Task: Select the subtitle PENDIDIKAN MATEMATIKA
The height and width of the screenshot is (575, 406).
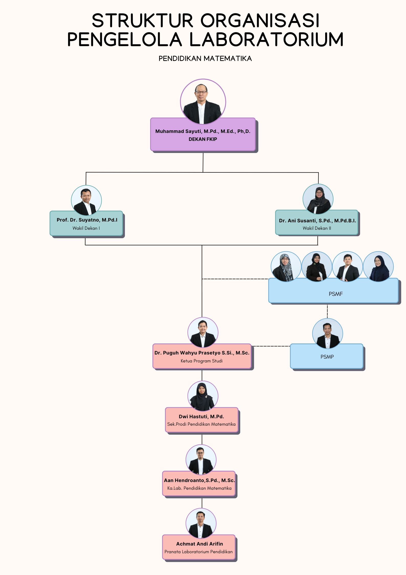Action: coord(205,59)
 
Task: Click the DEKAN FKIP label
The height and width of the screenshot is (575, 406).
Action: coord(203,139)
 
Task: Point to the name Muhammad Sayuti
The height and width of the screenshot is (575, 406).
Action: coord(179,131)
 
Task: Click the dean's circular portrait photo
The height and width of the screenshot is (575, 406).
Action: coord(203,101)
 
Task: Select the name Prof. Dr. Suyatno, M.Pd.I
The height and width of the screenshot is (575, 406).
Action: coord(87,220)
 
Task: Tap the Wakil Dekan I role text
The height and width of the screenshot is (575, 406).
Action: coord(86,228)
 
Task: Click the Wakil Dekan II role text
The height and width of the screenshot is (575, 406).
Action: coord(317,228)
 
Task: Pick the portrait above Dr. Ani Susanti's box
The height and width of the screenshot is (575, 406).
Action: coord(318,199)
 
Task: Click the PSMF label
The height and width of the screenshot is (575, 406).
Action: coord(335,294)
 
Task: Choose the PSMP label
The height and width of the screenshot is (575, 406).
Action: coord(327,357)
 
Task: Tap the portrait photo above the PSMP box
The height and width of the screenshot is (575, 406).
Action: coord(327,333)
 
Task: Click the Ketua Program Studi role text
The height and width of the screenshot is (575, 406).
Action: coord(202,361)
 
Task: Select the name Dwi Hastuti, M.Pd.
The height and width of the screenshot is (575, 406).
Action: coord(201,417)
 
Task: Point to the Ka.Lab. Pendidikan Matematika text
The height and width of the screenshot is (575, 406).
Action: coord(199,488)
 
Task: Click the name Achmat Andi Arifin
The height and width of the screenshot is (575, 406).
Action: coord(199,544)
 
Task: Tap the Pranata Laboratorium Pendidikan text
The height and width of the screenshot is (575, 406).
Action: coord(199,552)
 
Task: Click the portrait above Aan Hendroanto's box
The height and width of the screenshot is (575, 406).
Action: coord(201,460)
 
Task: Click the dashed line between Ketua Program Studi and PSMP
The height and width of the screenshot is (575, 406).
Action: coord(271,346)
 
